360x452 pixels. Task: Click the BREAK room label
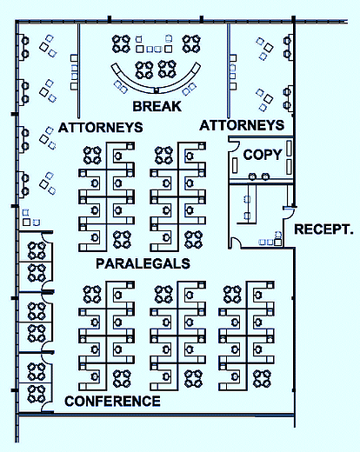157,106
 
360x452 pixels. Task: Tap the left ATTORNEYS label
101,128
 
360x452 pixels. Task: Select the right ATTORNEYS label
242,125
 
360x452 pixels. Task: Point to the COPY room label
263,155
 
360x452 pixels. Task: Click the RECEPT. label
323,229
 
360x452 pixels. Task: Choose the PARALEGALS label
143,263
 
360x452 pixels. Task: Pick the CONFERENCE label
112,402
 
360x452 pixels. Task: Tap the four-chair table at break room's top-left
121,43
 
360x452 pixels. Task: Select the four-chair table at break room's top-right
191,43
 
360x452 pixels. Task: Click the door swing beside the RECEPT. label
289,212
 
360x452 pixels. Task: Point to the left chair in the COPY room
252,176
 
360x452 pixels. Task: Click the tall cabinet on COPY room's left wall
235,165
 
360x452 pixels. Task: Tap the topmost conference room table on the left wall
37,250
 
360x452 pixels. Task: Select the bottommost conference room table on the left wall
37,394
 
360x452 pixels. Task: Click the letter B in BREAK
137,106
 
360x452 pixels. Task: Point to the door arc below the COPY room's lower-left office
235,243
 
